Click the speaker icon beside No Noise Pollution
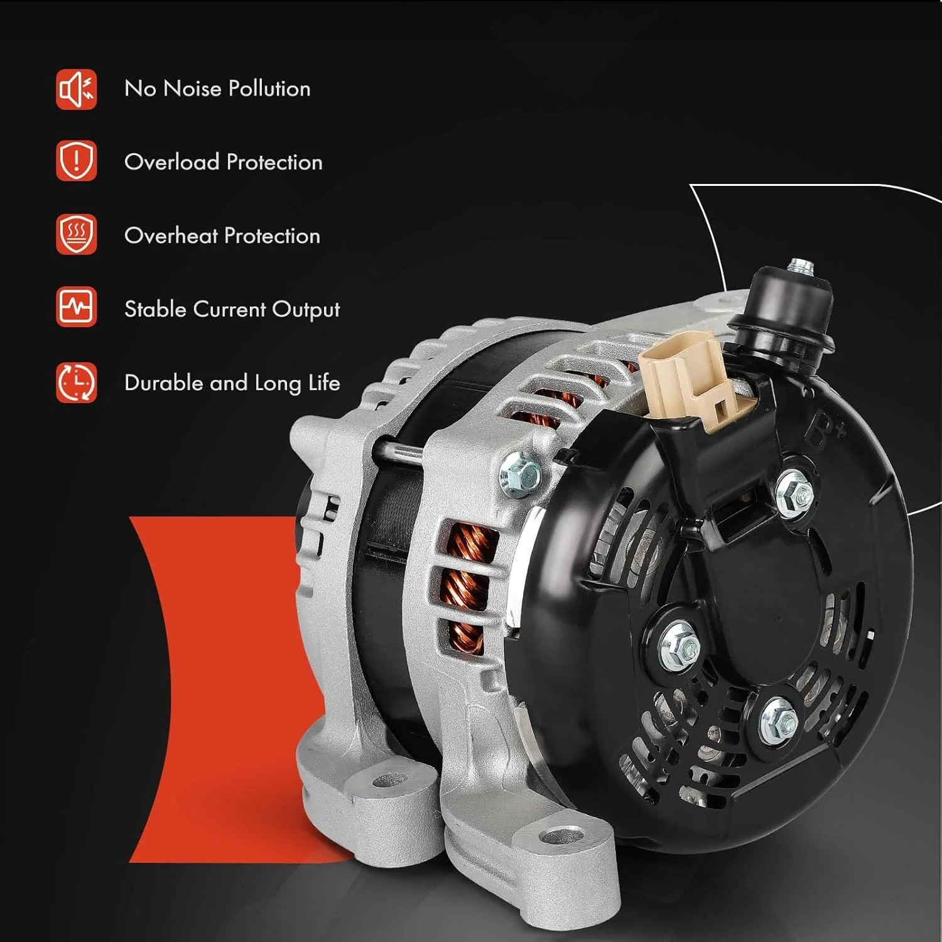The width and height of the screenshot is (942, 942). pos(76,89)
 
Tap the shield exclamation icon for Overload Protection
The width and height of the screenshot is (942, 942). pos(76,161)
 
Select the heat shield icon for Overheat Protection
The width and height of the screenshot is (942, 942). pos(76,234)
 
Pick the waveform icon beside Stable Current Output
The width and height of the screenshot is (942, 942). pos(76,307)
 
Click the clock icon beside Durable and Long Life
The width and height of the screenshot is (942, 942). pos(76,382)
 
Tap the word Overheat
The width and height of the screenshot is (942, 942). pos(171,235)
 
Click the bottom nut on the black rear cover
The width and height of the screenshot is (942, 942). pos(779,720)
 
